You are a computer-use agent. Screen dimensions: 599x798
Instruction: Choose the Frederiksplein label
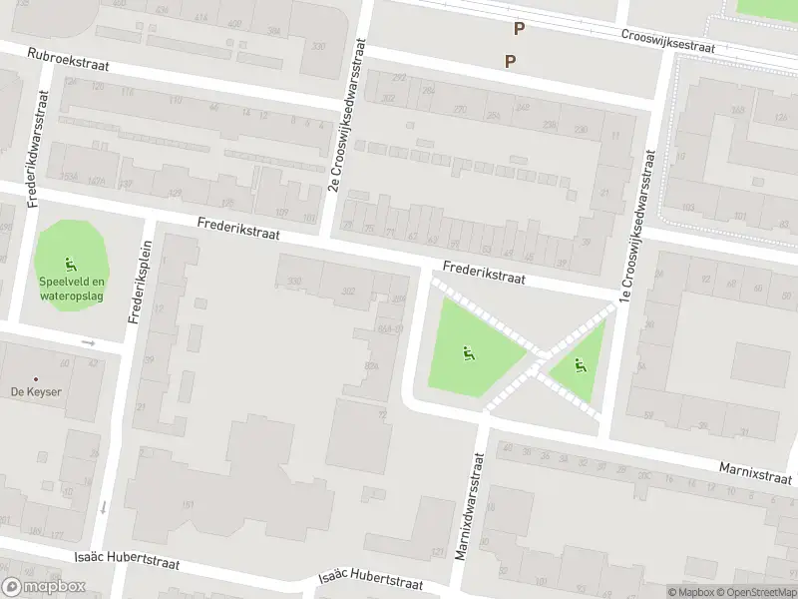(141, 282)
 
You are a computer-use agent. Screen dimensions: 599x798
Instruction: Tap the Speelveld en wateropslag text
(70, 289)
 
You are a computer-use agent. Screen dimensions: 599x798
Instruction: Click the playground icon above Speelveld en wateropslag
(70, 266)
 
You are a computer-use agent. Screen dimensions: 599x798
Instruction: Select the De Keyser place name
(36, 391)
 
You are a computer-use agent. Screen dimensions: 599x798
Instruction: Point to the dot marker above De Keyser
(36, 378)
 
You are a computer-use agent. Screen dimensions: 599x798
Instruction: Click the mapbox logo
(44, 587)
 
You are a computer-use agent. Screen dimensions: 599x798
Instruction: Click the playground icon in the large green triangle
(466, 351)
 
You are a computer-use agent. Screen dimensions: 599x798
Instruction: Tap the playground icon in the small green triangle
(580, 365)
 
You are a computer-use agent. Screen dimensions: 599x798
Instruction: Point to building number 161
(188, 504)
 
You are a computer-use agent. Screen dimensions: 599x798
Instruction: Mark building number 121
(437, 552)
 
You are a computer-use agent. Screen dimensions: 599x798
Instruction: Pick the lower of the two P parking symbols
(510, 61)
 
